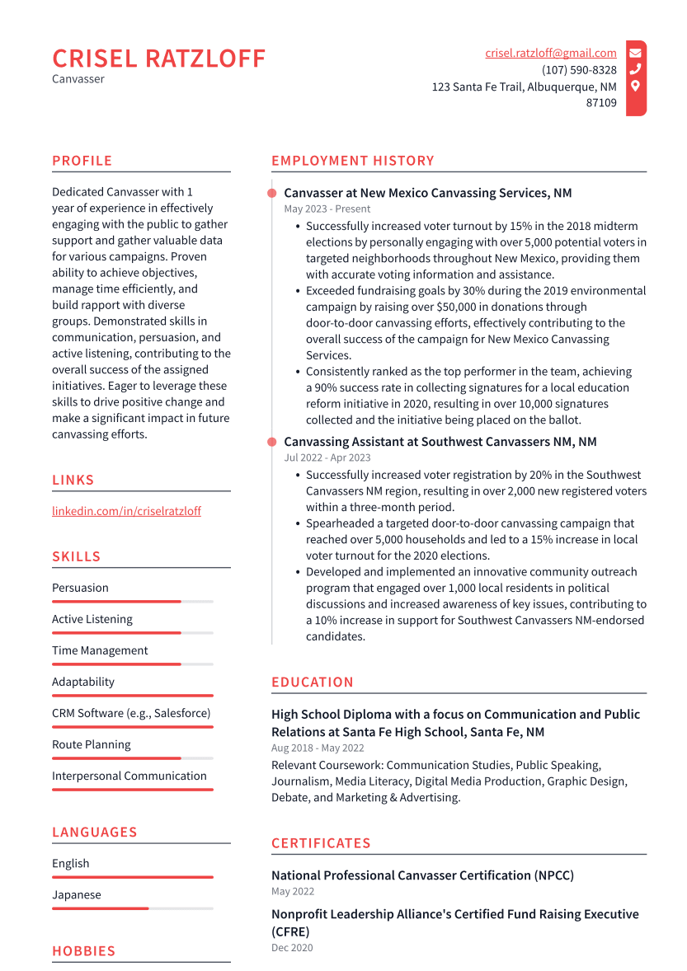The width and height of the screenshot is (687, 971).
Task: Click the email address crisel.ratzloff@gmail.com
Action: (x=550, y=53)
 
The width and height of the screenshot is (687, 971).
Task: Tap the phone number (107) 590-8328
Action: (x=579, y=70)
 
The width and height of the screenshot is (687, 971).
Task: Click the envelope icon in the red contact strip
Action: (x=635, y=53)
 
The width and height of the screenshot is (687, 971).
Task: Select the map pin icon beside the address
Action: (x=635, y=86)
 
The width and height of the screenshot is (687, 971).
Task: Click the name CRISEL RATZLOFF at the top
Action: (x=159, y=59)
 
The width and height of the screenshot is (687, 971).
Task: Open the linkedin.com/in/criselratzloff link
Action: (x=126, y=511)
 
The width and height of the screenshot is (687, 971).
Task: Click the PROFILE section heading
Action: (x=82, y=161)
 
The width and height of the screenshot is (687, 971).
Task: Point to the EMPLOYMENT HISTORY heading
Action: (x=352, y=161)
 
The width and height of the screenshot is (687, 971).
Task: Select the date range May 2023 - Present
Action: (x=327, y=209)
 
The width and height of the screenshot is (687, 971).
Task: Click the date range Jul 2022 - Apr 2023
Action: (x=327, y=458)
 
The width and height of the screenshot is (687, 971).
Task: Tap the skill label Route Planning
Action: (x=91, y=744)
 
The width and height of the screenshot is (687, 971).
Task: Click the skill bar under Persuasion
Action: (x=132, y=602)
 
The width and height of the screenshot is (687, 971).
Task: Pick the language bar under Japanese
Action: (x=132, y=908)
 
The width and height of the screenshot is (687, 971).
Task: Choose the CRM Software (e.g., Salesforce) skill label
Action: (x=131, y=713)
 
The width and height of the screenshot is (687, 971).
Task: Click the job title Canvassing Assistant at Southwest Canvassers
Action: (x=440, y=442)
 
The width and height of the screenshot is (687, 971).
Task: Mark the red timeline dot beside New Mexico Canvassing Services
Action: (x=271, y=193)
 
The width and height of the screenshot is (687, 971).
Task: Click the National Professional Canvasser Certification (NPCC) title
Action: (x=422, y=875)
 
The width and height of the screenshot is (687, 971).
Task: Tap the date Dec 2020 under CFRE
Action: (x=292, y=949)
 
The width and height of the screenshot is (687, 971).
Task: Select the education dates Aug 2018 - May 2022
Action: (x=318, y=748)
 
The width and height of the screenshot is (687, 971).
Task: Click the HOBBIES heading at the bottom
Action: (x=83, y=951)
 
